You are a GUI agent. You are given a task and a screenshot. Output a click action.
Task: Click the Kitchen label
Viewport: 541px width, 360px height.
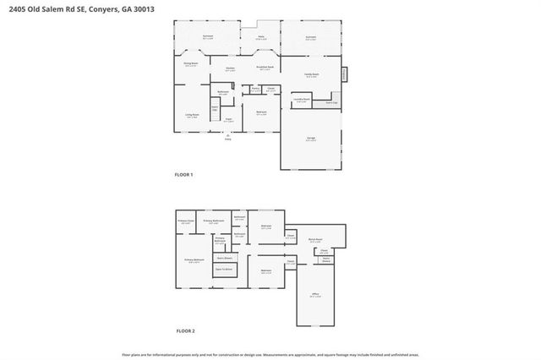(x=230, y=69)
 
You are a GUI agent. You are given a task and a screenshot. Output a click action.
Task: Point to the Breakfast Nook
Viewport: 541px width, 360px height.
(x=265, y=68)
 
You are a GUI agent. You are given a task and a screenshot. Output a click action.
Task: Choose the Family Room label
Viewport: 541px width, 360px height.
(x=311, y=75)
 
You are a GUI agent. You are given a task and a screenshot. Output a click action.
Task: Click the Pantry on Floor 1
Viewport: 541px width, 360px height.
(x=254, y=89)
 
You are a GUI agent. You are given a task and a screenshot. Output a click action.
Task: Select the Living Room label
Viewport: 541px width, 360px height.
(x=192, y=116)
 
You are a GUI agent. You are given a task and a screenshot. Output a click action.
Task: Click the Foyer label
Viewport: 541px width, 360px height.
(x=228, y=121)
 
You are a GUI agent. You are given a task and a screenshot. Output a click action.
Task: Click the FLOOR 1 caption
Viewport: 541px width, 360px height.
(x=183, y=174)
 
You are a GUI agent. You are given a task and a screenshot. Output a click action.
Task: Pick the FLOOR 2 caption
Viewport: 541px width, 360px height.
(x=184, y=330)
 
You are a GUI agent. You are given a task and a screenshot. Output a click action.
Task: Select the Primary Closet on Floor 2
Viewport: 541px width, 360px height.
(x=186, y=221)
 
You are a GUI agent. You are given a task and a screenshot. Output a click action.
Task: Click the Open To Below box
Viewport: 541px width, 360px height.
(x=225, y=269)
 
